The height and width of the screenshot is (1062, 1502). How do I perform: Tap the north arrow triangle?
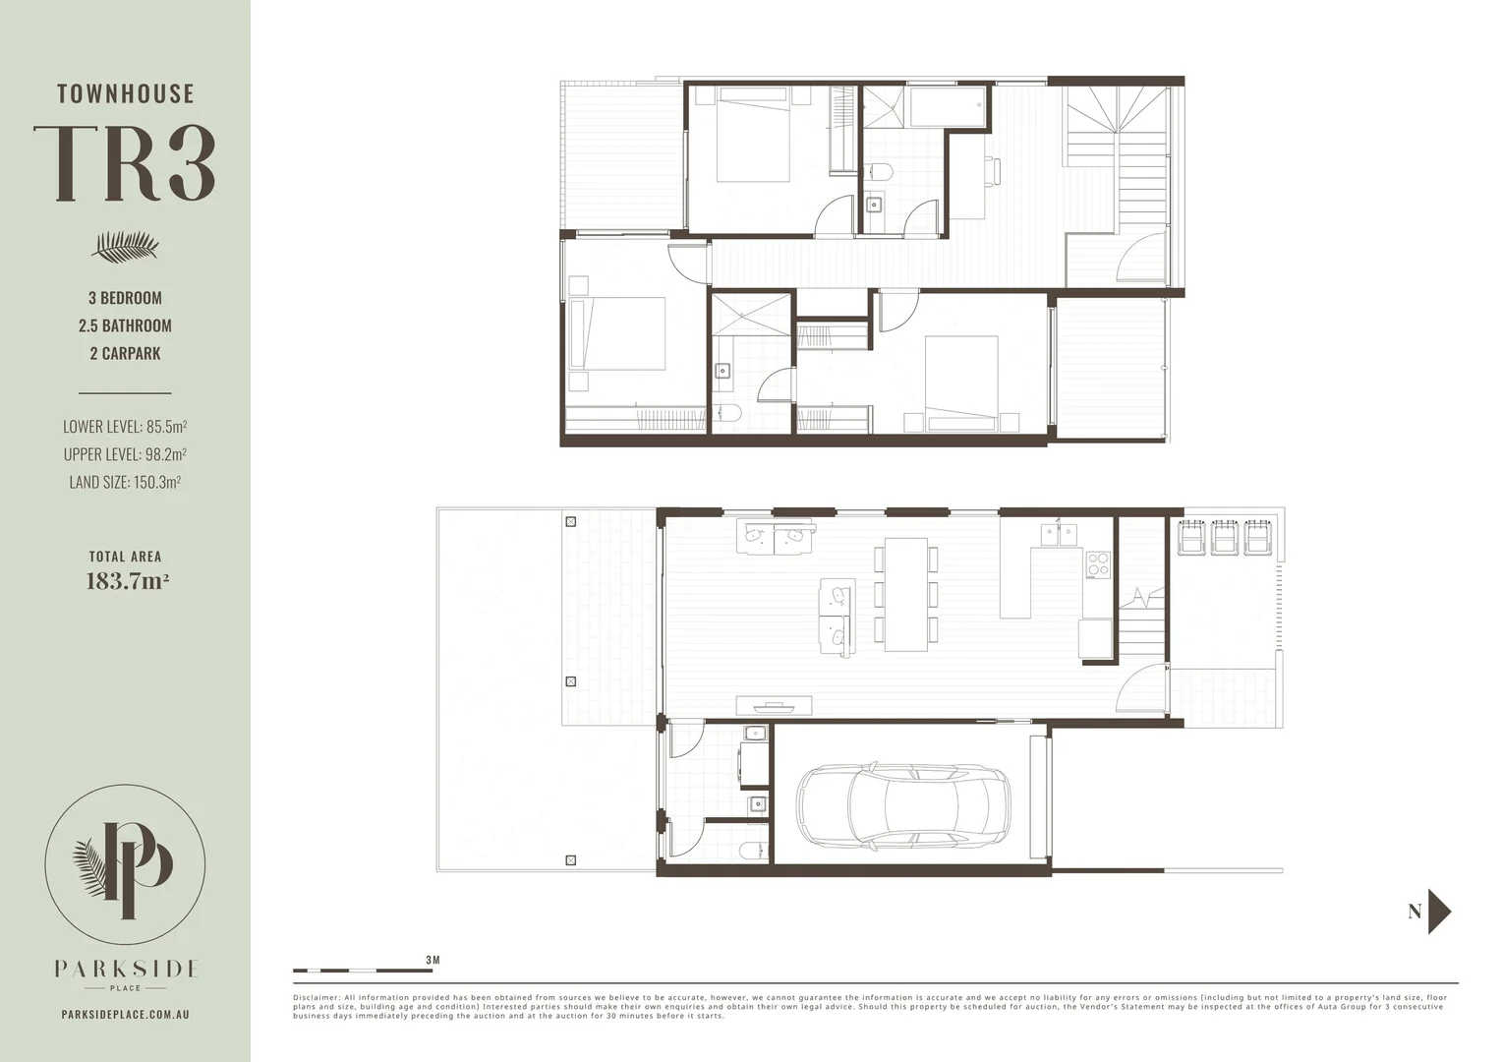click(x=1439, y=912)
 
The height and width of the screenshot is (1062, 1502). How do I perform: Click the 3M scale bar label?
click(x=433, y=959)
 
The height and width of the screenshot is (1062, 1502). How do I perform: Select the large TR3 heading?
click(x=125, y=164)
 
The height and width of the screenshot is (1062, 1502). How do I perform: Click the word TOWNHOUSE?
click(x=125, y=94)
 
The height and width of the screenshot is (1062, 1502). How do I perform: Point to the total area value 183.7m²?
click(x=127, y=581)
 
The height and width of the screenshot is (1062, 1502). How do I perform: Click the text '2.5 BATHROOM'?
click(x=125, y=325)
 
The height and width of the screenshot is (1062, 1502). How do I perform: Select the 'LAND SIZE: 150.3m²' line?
click(x=124, y=482)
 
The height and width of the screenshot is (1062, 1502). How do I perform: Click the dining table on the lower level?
click(x=905, y=594)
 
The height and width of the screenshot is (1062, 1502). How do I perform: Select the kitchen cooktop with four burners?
click(x=1097, y=563)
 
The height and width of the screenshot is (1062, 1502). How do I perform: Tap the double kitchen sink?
click(x=1058, y=534)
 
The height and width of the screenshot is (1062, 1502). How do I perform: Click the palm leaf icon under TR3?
click(x=125, y=247)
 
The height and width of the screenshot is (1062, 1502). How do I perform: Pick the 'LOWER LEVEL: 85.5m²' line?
click(x=125, y=427)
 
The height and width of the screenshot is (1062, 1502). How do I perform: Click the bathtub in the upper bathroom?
click(x=947, y=106)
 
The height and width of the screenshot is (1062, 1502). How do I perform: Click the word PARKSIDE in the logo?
click(x=126, y=969)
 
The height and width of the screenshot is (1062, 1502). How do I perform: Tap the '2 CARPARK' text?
click(x=125, y=353)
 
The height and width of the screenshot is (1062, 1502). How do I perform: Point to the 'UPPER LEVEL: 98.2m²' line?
click(x=125, y=454)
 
